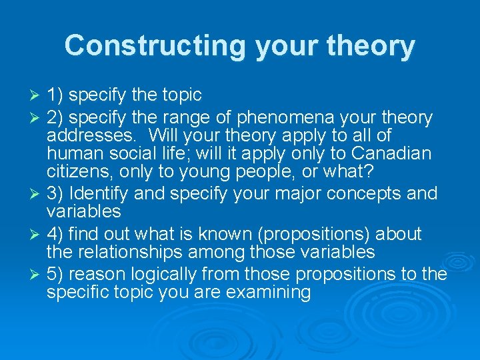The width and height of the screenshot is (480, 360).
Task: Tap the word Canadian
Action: [390, 154]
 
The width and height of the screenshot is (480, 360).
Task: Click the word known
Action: [217, 234]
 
